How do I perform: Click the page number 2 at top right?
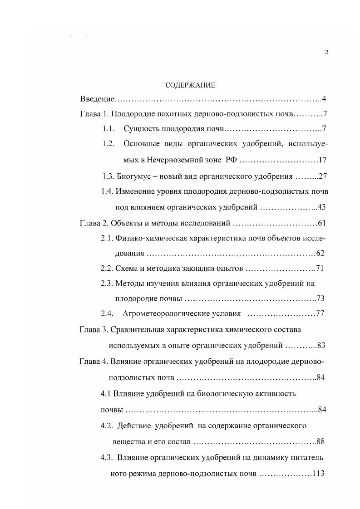[326, 52]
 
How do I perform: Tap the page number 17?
[323, 161]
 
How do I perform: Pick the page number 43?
[322, 207]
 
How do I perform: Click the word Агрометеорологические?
[166, 313]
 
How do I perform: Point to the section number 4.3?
[106, 457]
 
